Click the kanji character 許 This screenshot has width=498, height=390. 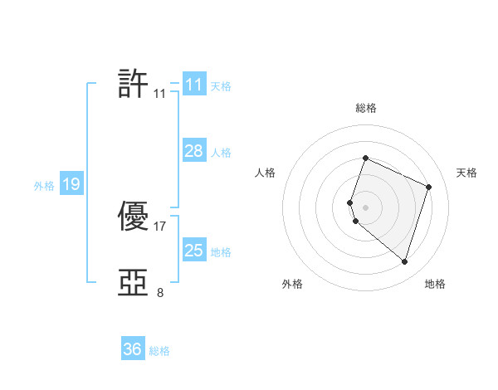(134, 84)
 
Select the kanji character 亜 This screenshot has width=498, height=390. (134, 283)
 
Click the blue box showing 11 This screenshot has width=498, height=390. (193, 85)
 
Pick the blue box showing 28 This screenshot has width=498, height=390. (193, 151)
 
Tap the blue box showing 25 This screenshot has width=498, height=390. (193, 251)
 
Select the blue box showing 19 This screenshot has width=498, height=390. (71, 184)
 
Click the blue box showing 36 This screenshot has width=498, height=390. (132, 349)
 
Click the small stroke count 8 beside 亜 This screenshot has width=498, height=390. (160, 292)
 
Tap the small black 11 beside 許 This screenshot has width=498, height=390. (160, 94)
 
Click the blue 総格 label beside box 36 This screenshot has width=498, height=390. (159, 351)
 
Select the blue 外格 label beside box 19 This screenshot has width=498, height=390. (44, 186)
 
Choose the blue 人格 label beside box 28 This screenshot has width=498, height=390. (221, 153)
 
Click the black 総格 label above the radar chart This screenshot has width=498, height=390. (366, 108)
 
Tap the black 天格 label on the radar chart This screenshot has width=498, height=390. (466, 173)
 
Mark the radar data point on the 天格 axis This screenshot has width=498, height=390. (429, 187)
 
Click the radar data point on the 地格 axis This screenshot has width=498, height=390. (404, 261)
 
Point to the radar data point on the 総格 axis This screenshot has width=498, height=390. (365, 158)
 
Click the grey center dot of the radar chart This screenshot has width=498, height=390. (365, 207)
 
